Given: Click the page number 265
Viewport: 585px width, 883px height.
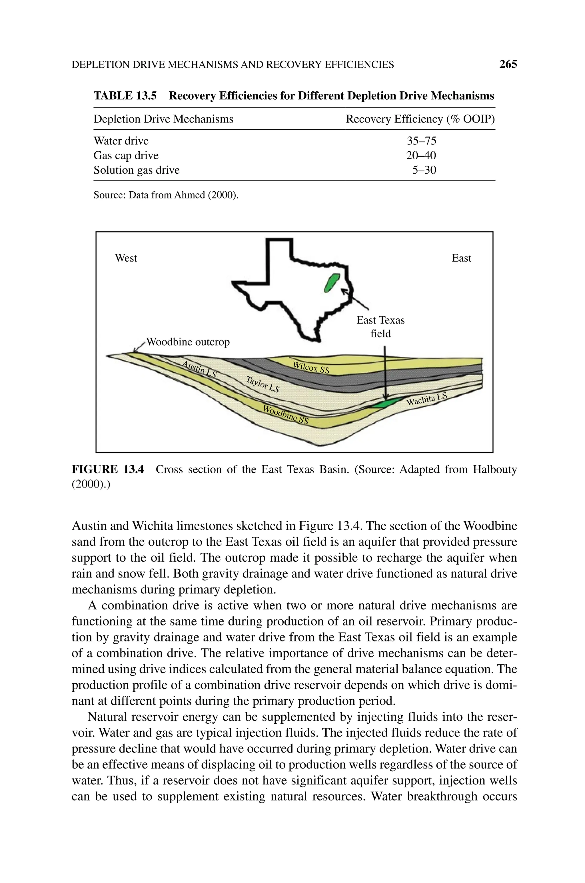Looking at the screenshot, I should (508, 65).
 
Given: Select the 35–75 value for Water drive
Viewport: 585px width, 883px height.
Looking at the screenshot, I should (421, 141).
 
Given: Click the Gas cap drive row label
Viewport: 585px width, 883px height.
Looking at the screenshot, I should (126, 155).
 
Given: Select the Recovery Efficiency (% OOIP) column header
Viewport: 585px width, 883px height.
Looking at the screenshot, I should (420, 119).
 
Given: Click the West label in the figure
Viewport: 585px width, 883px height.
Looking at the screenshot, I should (126, 258).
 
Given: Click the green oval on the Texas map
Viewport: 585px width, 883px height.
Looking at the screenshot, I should (330, 283).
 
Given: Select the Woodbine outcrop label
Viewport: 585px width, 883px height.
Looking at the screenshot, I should (188, 342).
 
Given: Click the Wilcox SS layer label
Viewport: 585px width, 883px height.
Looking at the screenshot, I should (311, 368).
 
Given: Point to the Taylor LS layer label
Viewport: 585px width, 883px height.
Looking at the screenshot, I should (263, 384).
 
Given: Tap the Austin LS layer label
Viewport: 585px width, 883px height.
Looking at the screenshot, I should (199, 369).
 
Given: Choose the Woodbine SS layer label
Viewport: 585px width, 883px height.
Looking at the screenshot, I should (286, 415).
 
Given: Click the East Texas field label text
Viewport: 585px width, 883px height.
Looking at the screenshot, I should (380, 327).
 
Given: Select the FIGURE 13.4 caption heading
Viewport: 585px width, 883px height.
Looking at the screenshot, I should (107, 469).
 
